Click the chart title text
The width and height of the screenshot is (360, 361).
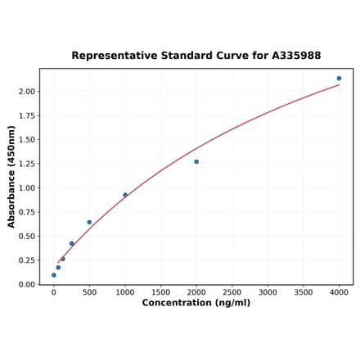[196, 56]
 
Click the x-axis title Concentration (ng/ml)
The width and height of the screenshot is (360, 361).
[196, 303]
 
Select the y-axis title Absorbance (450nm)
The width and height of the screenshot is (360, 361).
[11, 176]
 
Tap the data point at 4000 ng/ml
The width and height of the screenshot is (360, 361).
[339, 79]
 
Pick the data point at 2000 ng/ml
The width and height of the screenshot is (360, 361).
[196, 161]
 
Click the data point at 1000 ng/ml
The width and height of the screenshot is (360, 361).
[125, 195]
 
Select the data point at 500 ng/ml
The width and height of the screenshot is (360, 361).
[89, 222]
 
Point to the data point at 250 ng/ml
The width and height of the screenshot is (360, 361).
[72, 243]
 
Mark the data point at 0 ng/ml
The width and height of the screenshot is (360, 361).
[54, 275]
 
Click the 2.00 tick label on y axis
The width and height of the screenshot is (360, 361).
[27, 92]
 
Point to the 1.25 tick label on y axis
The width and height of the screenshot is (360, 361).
[27, 164]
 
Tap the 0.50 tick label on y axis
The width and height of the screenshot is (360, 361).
[27, 237]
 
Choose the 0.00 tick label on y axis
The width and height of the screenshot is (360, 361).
[27, 285]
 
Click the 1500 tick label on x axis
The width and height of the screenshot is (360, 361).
[160, 291]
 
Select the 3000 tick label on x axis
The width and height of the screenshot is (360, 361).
[268, 291]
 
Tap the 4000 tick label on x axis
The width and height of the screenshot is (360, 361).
[339, 291]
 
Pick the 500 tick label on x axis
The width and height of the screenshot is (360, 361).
[89, 291]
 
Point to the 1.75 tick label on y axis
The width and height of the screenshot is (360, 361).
[27, 116]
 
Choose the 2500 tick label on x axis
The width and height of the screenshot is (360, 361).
[232, 291]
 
